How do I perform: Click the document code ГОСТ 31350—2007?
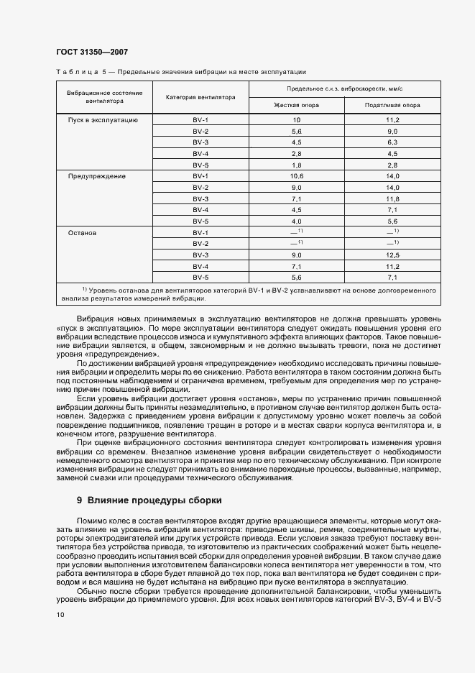(x=91, y=52)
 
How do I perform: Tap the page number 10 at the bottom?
(x=60, y=615)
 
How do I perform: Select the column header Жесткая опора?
(x=296, y=105)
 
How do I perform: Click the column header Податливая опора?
(x=392, y=105)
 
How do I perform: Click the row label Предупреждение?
(x=97, y=176)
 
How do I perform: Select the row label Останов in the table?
(x=83, y=233)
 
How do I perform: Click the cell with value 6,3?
(x=392, y=142)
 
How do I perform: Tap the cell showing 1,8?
(x=296, y=165)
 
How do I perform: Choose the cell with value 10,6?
(x=296, y=176)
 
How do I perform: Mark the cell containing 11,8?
(x=392, y=198)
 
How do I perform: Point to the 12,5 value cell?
(x=392, y=255)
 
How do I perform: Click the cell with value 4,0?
(x=296, y=221)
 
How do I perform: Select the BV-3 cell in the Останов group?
(x=200, y=255)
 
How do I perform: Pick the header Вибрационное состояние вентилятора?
(x=105, y=97)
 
